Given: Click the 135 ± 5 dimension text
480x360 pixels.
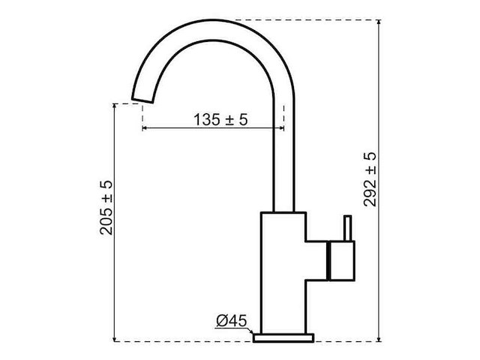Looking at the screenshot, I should point(220,119).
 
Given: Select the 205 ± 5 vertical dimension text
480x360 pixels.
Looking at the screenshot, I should point(106,207).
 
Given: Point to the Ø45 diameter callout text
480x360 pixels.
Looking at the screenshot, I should point(232,322).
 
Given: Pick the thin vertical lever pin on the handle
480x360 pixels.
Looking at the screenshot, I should point(346,229).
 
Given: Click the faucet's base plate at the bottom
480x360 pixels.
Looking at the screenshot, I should point(283,337).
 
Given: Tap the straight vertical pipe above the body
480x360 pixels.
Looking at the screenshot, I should point(284,157).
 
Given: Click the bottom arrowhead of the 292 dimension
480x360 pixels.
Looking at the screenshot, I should point(379,337).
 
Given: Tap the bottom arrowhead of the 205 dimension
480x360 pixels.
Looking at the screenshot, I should point(115,337).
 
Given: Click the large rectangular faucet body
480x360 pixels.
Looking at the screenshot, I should point(283,270).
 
